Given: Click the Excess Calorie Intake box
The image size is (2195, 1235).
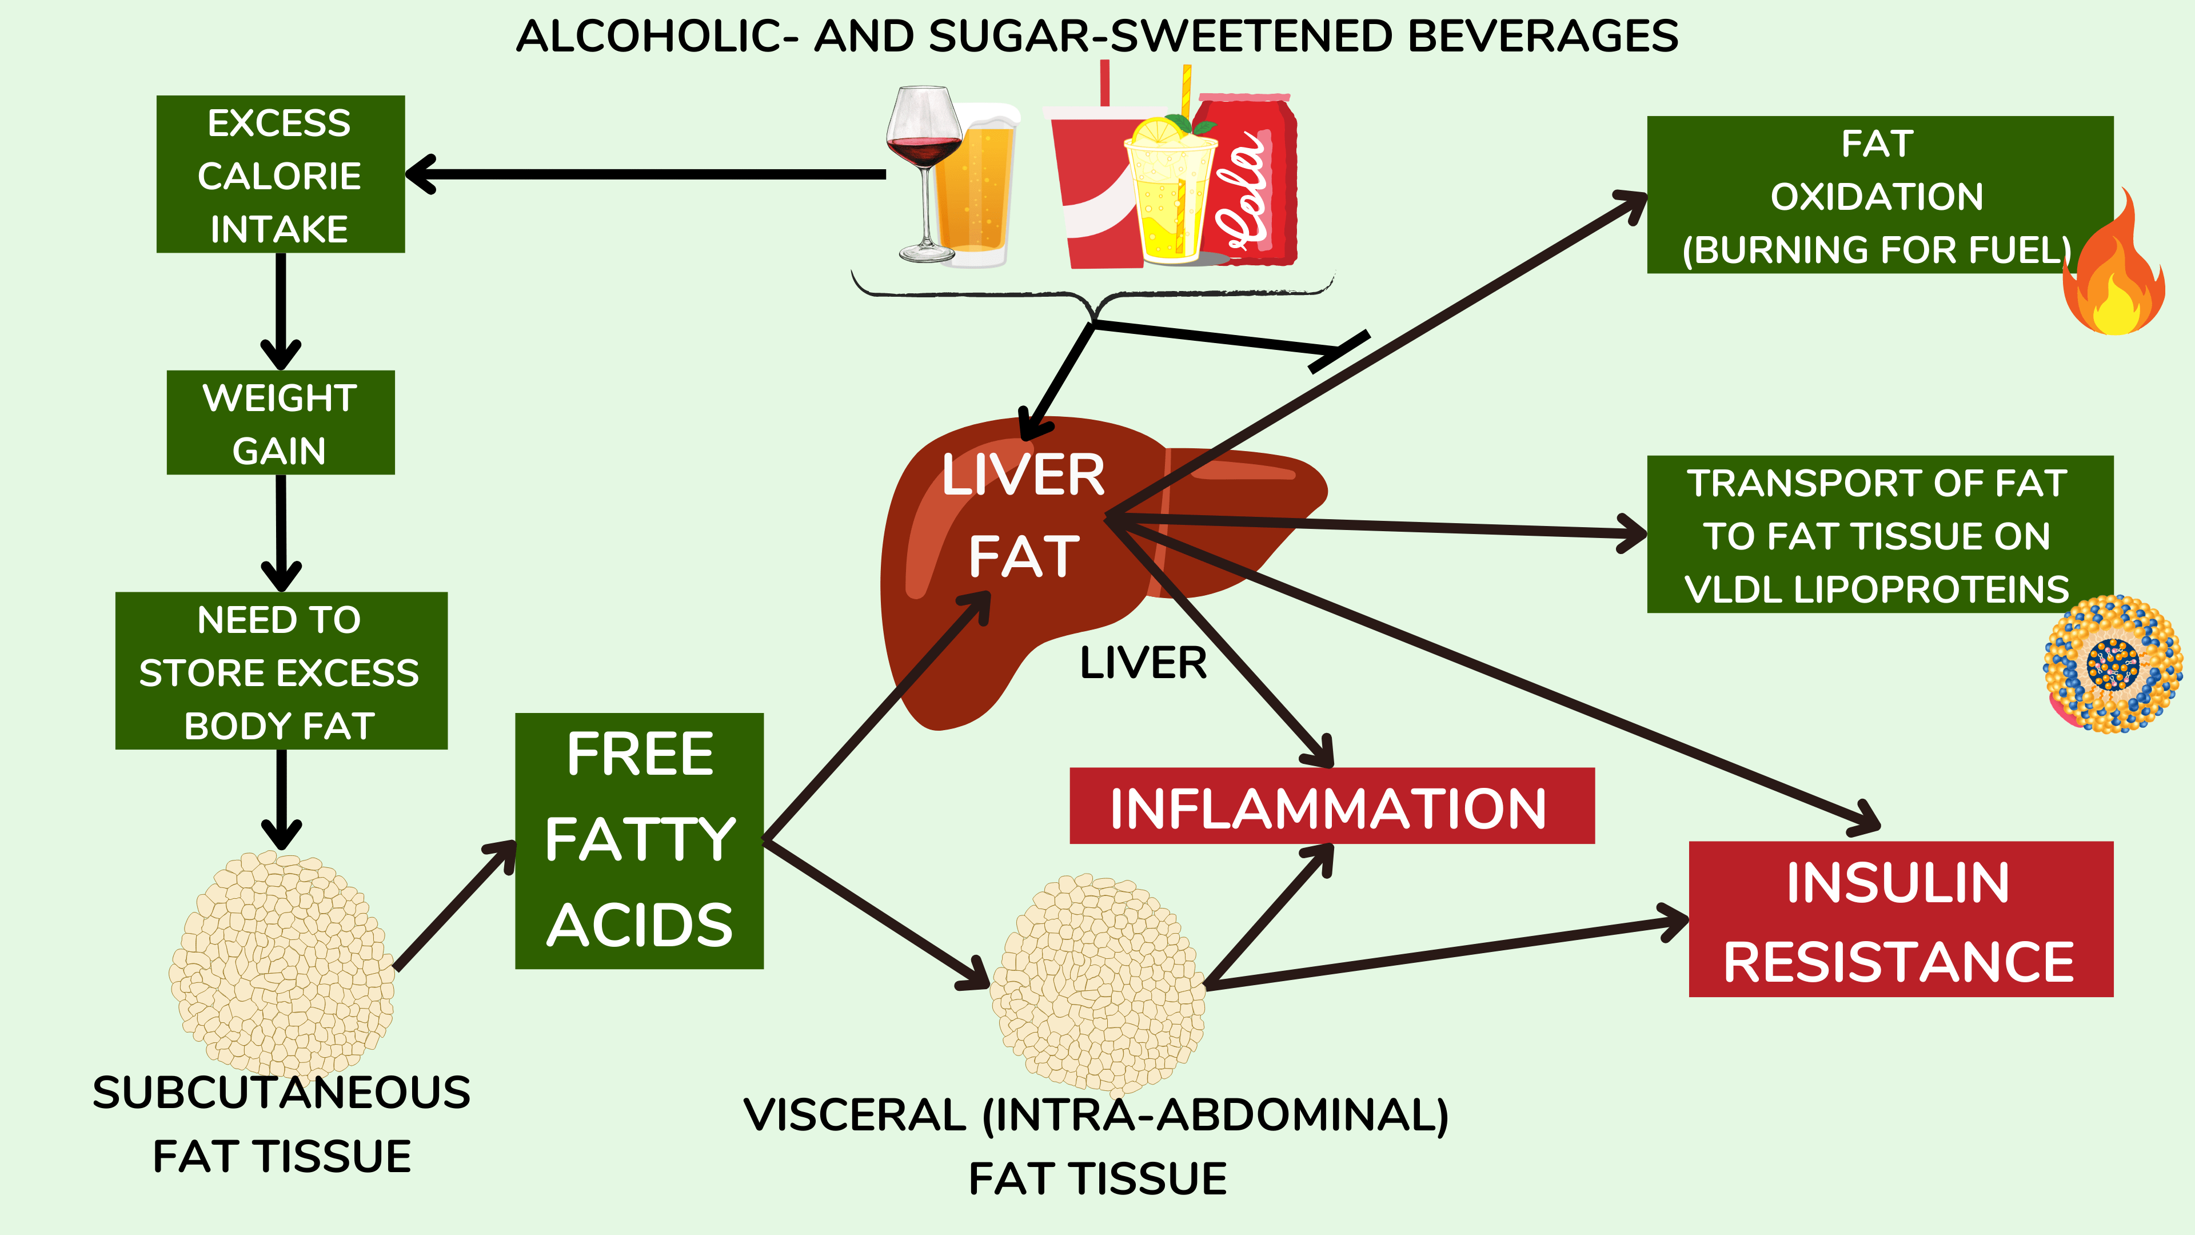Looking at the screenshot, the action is [280, 174].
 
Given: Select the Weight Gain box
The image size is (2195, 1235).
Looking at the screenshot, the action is [280, 422].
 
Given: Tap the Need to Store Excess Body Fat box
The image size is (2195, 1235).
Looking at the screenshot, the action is [281, 671].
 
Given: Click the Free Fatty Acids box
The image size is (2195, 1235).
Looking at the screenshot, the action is [639, 840].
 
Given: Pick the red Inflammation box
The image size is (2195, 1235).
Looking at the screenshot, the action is [1332, 806].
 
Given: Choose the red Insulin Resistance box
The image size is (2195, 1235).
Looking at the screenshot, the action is [1901, 919].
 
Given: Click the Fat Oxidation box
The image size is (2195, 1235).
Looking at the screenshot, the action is [1879, 194].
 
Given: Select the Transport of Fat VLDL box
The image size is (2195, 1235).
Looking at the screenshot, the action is [1879, 535].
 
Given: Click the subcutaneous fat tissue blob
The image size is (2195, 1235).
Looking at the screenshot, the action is [282, 963].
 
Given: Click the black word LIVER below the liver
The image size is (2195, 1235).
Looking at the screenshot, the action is [1143, 663].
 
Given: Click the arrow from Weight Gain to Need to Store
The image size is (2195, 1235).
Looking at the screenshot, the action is [281, 533].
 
